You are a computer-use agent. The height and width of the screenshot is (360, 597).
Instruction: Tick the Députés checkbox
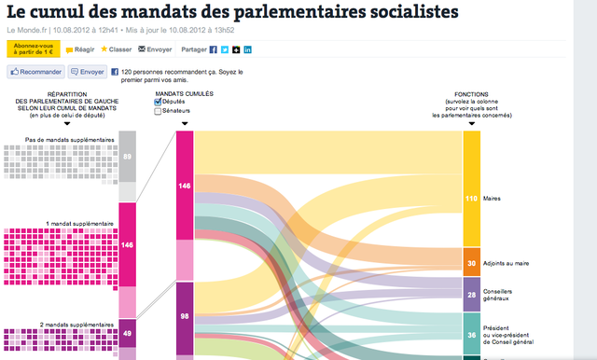(x=158, y=102)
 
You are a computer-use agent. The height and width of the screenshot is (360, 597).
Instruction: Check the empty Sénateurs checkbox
(x=158, y=111)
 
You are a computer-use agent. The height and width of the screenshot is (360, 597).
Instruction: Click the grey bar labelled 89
(x=127, y=156)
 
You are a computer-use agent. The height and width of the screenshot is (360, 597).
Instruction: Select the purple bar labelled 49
(x=127, y=333)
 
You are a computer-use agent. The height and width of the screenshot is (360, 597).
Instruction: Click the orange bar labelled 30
(x=471, y=262)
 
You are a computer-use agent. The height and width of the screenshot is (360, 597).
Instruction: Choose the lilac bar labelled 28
(x=471, y=295)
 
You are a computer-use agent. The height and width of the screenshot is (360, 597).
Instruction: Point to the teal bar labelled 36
(x=471, y=333)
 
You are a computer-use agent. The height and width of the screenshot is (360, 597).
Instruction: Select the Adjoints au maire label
(x=507, y=264)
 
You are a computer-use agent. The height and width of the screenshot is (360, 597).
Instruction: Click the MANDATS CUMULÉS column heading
(x=184, y=93)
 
